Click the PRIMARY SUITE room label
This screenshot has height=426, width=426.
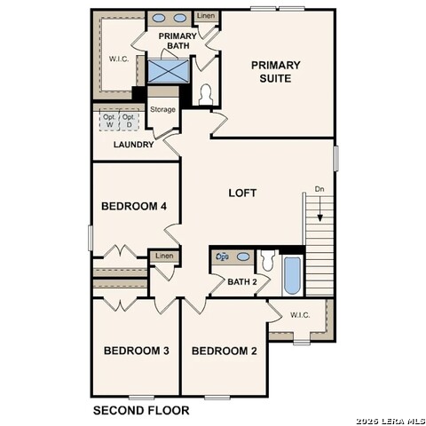pyautogui.click(x=275, y=71)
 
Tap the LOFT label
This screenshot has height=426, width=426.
pyautogui.click(x=242, y=193)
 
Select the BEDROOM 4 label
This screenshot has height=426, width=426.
pyautogui.click(x=134, y=207)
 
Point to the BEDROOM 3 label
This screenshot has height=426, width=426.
pyautogui.click(x=137, y=351)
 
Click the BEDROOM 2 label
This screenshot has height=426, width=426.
pyautogui.click(x=224, y=351)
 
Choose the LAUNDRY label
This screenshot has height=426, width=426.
pyautogui.click(x=134, y=145)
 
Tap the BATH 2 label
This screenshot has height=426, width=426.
pyautogui.click(x=241, y=282)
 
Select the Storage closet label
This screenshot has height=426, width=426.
pyautogui.click(x=162, y=109)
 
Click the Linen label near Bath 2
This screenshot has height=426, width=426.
pyautogui.click(x=164, y=256)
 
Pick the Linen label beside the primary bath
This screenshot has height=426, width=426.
pyautogui.click(x=205, y=16)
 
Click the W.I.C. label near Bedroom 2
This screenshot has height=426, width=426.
pyautogui.click(x=299, y=314)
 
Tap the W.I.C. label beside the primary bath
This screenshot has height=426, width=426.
pyautogui.click(x=120, y=60)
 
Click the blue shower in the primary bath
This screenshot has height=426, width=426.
pyautogui.click(x=166, y=71)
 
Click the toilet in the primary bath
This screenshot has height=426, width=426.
pyautogui.click(x=206, y=93)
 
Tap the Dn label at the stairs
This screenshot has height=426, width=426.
pyautogui.click(x=319, y=189)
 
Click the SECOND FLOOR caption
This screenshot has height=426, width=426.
pyautogui.click(x=141, y=410)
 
